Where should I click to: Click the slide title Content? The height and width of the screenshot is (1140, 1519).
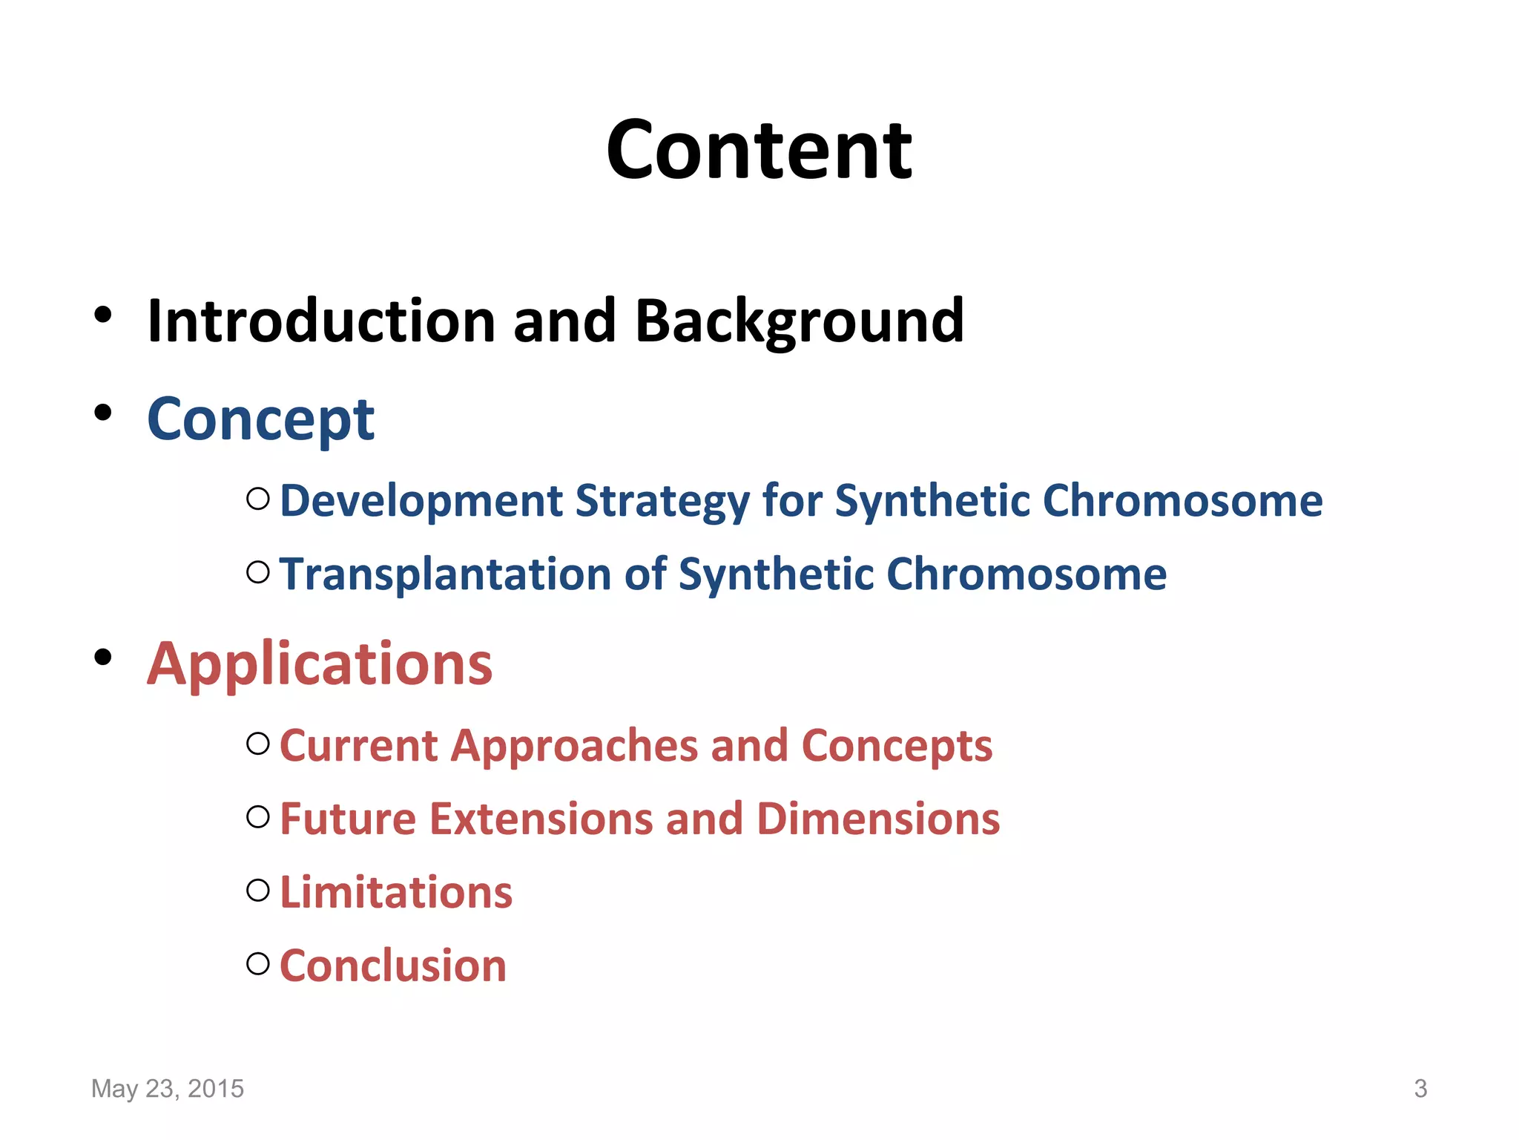(x=759, y=151)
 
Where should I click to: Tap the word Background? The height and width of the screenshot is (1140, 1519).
(x=800, y=321)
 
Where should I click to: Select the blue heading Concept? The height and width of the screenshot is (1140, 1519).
(x=261, y=420)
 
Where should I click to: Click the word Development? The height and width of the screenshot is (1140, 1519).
(x=421, y=501)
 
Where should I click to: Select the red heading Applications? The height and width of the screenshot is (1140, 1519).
(x=320, y=664)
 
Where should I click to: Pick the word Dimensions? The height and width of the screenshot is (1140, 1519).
(x=878, y=819)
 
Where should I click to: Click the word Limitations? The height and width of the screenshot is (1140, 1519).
(x=396, y=893)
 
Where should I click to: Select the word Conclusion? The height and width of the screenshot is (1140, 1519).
(x=393, y=966)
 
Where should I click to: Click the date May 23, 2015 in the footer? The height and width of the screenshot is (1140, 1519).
(x=168, y=1088)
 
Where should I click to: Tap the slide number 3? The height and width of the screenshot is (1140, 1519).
(x=1420, y=1088)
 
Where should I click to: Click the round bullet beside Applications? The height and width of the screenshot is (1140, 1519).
(x=103, y=657)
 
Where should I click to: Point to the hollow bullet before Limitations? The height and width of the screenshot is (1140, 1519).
(x=257, y=890)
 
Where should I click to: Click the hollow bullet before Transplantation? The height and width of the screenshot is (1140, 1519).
(x=257, y=572)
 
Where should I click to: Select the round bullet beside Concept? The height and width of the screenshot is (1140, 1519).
(x=103, y=413)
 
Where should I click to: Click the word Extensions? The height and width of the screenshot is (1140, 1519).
(x=541, y=819)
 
